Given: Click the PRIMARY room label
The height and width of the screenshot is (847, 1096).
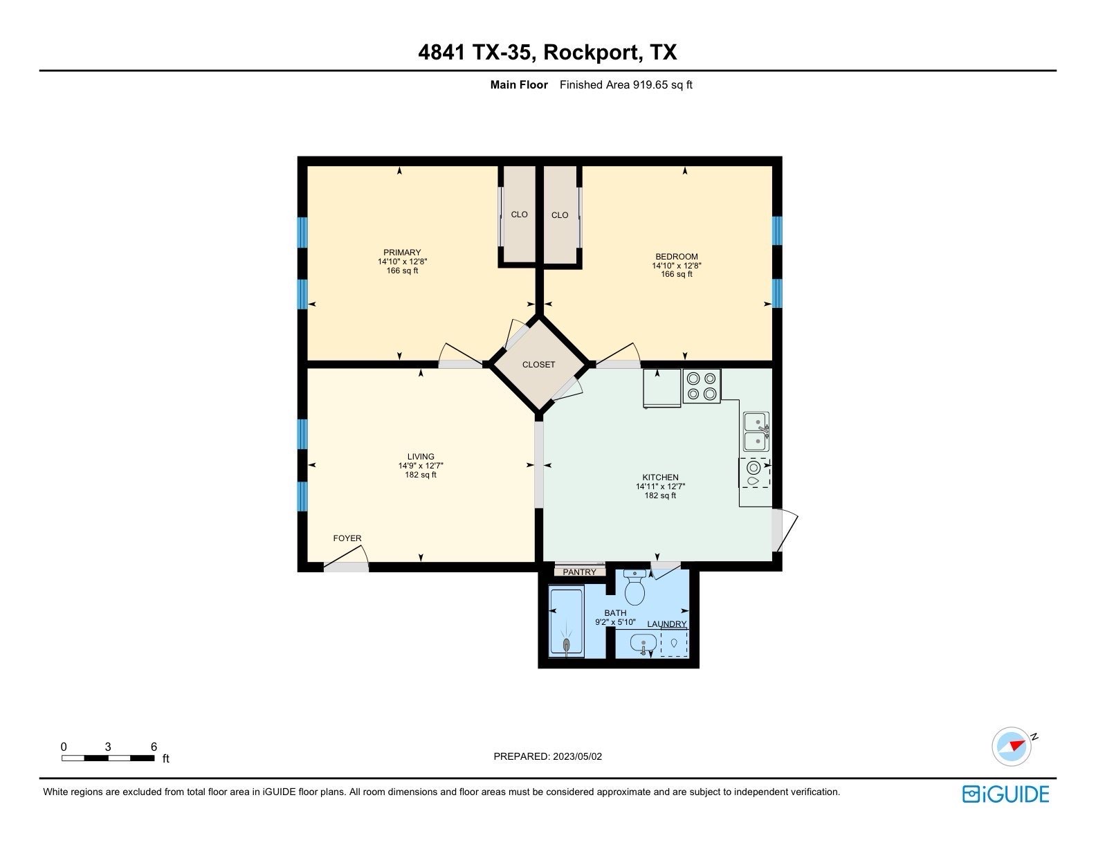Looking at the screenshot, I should [x=402, y=253].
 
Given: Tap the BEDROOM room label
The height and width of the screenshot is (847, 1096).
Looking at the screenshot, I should [x=677, y=257].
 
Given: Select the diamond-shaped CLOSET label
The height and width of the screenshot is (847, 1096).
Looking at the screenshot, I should [x=538, y=365].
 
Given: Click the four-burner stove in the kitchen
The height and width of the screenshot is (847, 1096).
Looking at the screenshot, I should [x=702, y=386].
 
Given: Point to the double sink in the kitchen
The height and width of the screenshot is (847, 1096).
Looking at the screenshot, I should [x=756, y=431].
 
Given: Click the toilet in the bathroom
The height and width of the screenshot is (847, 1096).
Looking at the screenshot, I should [x=634, y=588].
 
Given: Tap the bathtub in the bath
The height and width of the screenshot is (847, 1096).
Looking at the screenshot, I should [x=566, y=621].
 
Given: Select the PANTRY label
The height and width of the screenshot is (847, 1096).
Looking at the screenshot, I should [x=579, y=572].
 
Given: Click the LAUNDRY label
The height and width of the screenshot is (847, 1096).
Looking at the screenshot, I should [x=667, y=624].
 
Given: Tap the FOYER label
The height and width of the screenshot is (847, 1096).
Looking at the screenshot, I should [x=347, y=538].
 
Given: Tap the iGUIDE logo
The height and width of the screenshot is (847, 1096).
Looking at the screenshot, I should [x=1005, y=794].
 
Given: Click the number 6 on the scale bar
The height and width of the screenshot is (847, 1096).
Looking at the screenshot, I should [x=154, y=747].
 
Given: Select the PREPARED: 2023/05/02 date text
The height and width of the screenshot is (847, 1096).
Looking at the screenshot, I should [x=547, y=756].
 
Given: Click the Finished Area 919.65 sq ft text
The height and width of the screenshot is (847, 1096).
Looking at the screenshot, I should [x=625, y=85].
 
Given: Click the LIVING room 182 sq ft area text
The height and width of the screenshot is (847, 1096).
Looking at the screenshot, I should [x=421, y=475].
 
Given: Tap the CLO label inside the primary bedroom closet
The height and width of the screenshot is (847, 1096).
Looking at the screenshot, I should [x=519, y=215].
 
